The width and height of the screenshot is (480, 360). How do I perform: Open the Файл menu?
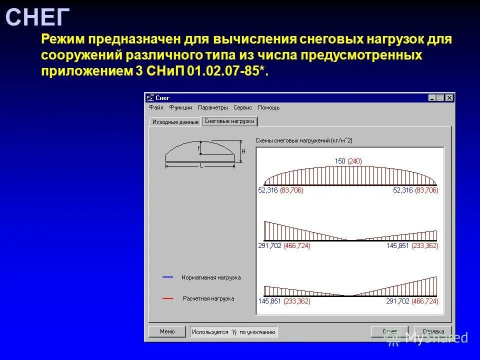point(156,107)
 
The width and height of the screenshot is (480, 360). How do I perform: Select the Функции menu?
point(180,107)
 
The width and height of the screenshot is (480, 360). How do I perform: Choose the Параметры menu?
point(212,107)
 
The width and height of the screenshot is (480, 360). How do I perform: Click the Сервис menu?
point(242,107)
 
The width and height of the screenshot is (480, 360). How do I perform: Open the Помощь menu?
point(268,107)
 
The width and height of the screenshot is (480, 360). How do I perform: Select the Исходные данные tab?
point(175,122)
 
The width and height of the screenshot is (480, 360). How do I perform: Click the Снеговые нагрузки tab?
point(229,121)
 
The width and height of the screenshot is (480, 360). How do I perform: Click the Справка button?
point(433,331)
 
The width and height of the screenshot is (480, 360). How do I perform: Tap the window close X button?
point(449,98)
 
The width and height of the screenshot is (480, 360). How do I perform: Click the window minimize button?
point(432,98)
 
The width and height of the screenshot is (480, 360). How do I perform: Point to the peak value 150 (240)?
point(348,161)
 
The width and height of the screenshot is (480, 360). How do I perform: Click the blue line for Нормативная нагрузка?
point(167,276)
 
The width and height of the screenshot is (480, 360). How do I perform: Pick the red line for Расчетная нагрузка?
point(167,298)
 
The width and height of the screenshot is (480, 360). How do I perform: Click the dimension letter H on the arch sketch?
point(243,151)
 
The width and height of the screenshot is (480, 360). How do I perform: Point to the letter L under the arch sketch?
point(201,165)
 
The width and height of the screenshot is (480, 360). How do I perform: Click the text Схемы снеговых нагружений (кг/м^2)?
point(304,140)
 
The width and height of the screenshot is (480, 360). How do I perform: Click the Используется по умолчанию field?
point(234,331)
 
